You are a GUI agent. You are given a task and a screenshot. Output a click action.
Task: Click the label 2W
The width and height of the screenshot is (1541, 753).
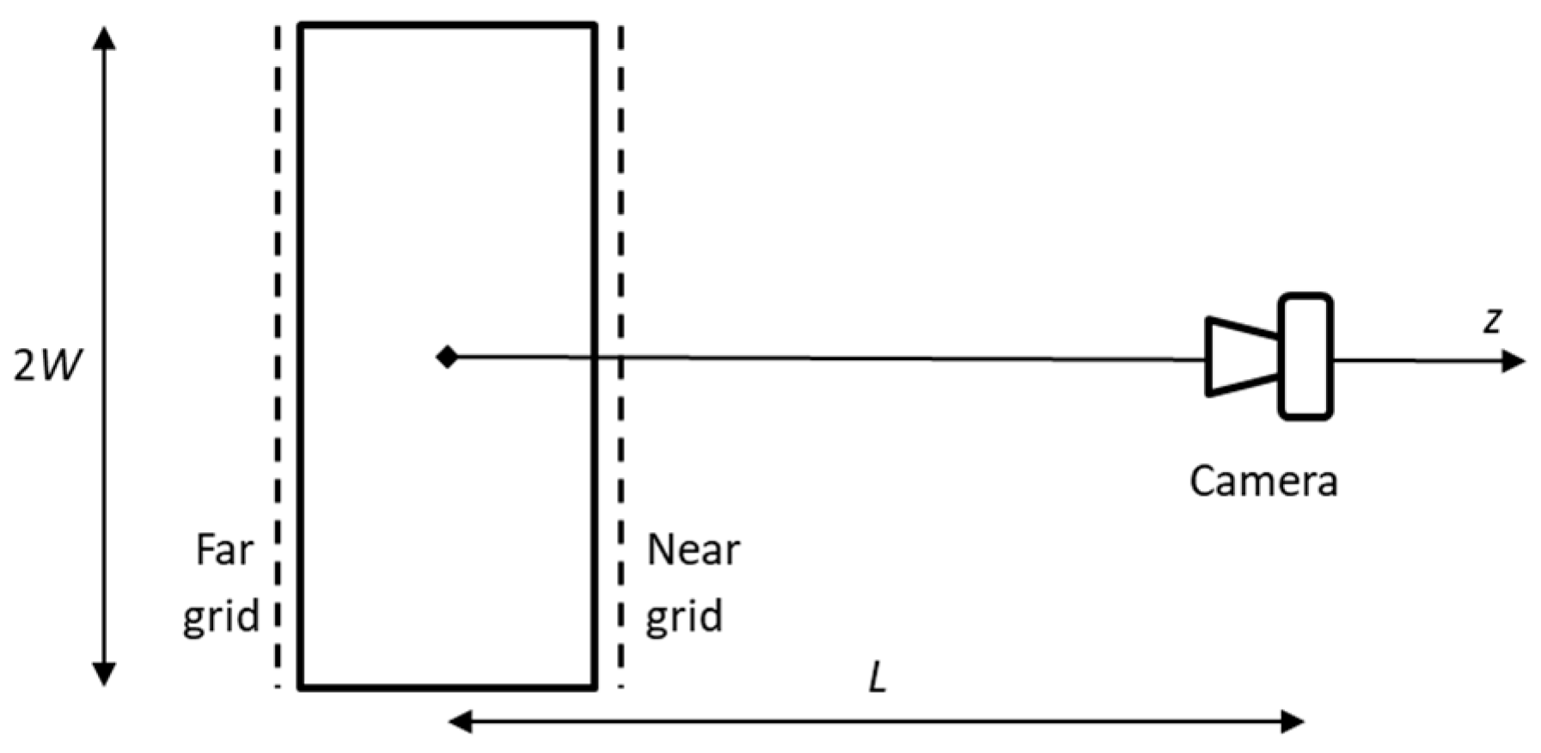(x=48, y=366)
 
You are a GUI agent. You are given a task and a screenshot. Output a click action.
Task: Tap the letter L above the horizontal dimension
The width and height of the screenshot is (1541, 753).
(x=877, y=679)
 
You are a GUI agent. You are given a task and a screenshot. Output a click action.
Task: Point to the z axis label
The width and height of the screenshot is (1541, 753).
(x=1493, y=320)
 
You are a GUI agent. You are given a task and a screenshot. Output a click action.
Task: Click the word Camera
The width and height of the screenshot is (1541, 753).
(x=1263, y=481)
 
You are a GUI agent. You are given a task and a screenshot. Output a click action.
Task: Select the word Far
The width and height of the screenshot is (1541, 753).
(x=224, y=549)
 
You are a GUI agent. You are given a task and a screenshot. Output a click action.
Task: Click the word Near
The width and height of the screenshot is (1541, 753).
(x=693, y=549)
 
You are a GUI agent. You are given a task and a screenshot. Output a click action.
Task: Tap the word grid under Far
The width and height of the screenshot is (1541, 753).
(x=221, y=616)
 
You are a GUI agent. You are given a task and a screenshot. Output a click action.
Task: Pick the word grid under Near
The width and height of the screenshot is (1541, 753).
(x=684, y=616)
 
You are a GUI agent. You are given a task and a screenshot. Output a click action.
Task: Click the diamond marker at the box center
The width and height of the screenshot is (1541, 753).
(x=447, y=356)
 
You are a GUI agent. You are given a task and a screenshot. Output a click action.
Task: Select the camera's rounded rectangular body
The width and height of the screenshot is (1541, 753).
(x=1306, y=357)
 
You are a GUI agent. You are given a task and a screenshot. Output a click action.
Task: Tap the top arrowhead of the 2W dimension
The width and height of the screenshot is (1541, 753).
(x=104, y=39)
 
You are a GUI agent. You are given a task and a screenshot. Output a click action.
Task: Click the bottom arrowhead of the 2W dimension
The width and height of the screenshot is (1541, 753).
(x=104, y=674)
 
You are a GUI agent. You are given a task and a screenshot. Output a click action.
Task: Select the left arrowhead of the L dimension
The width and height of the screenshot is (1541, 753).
(x=461, y=721)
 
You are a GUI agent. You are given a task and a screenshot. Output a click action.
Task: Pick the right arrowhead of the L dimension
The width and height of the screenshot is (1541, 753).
(x=1293, y=721)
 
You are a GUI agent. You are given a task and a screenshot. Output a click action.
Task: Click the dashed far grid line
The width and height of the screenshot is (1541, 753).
(x=278, y=258)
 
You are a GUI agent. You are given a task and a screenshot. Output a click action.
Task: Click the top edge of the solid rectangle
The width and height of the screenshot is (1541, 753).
(x=447, y=26)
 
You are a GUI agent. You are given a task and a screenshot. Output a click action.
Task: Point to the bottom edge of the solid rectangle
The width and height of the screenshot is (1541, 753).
(x=447, y=688)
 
